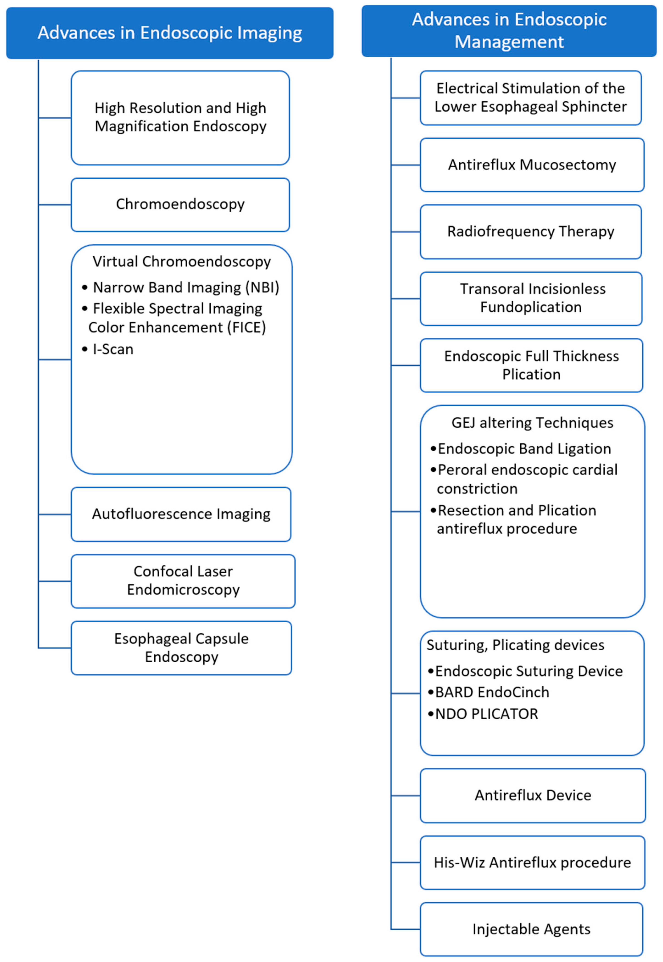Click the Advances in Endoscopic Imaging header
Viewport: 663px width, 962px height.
[x=169, y=33]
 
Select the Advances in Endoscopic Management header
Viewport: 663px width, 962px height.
[x=509, y=31]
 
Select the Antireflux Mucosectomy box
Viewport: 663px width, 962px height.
[x=532, y=165]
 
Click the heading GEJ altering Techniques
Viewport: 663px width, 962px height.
[x=532, y=423]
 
